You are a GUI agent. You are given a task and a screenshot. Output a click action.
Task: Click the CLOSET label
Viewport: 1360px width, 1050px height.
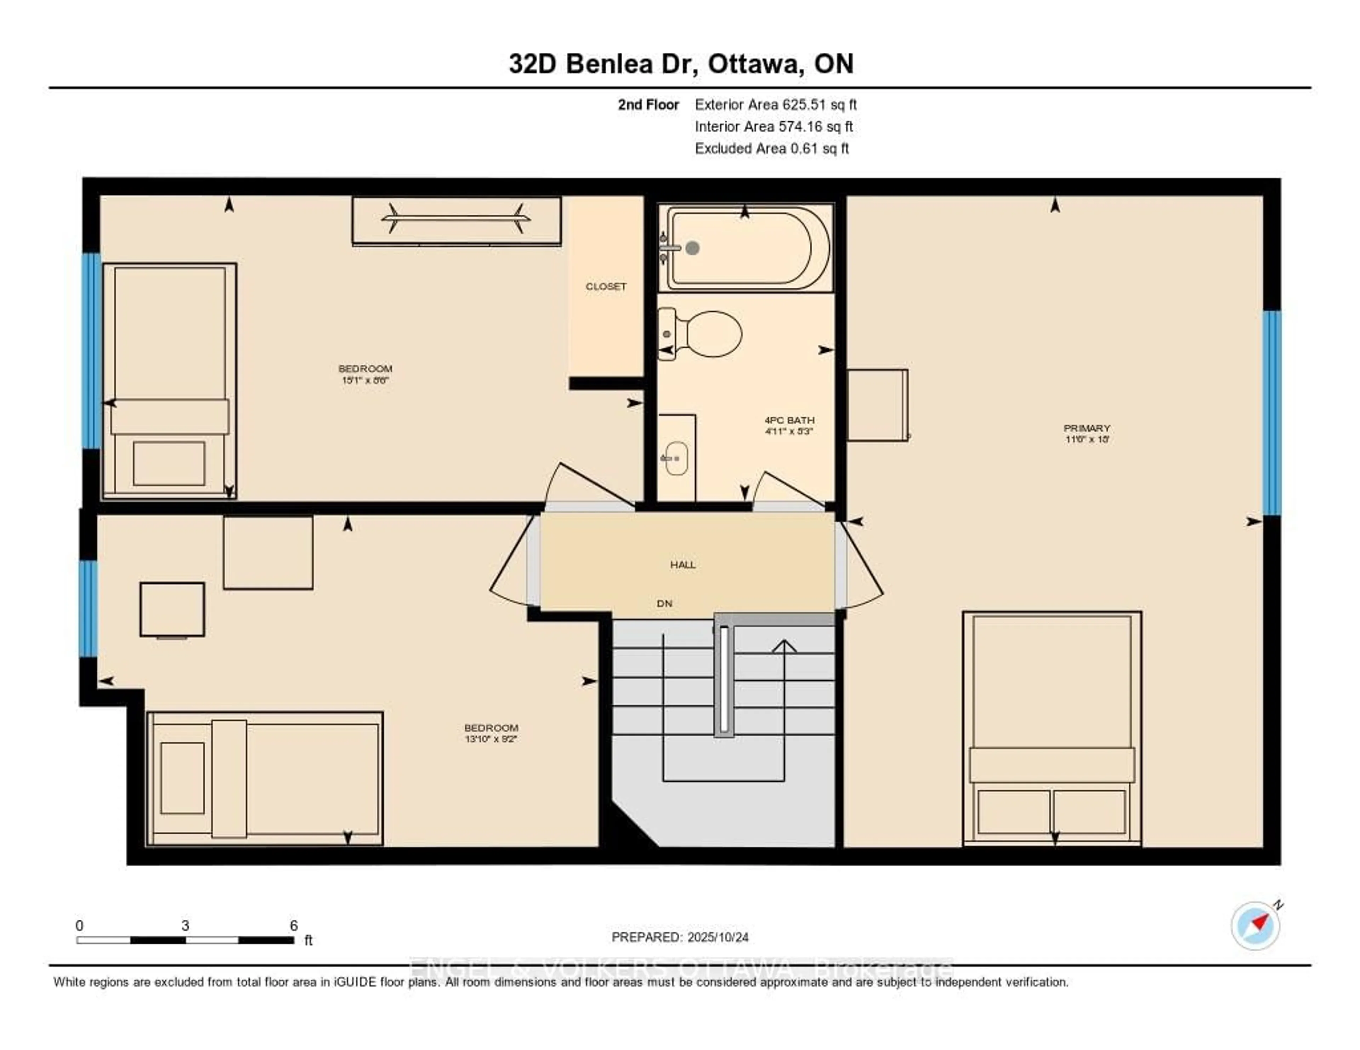(x=605, y=286)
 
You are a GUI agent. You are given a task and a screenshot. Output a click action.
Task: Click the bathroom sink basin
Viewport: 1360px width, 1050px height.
(x=676, y=459)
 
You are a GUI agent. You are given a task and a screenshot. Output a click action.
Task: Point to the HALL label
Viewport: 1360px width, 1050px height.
(x=682, y=565)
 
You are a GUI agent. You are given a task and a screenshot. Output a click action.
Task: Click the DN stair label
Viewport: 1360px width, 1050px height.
(x=664, y=603)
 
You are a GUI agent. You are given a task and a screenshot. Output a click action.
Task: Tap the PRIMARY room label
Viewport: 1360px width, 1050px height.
(x=1087, y=428)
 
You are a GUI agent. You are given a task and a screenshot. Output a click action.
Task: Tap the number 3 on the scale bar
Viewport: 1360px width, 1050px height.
(x=185, y=925)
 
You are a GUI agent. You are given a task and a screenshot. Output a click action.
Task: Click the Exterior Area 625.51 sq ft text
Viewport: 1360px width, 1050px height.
(x=775, y=104)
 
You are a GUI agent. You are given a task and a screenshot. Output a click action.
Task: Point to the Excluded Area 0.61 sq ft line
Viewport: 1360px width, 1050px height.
(x=771, y=148)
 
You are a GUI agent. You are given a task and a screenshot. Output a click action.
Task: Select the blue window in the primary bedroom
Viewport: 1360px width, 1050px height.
(x=1271, y=413)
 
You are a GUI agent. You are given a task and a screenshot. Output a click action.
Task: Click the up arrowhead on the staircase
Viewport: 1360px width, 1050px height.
(x=784, y=647)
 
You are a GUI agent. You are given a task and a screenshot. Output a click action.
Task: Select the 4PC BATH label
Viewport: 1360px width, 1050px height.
(x=789, y=420)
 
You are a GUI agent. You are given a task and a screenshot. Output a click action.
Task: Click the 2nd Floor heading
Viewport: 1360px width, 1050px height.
(x=648, y=104)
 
